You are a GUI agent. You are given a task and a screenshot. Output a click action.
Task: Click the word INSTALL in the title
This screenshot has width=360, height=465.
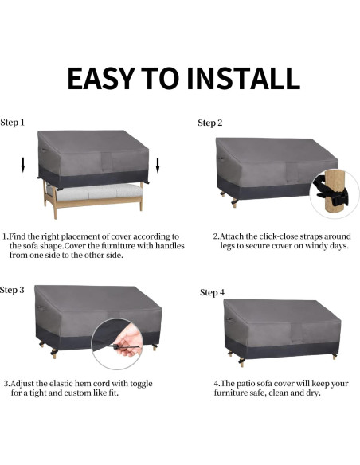coord(243,78)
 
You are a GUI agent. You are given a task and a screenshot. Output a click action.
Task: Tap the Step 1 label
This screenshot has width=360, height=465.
coord(13,123)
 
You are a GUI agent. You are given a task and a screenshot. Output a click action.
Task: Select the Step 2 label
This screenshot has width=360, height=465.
coord(210,123)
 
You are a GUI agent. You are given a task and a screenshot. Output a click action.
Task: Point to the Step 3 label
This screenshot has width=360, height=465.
coord(13,289)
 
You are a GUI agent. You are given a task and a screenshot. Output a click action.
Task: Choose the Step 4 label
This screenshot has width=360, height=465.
coord(212,293)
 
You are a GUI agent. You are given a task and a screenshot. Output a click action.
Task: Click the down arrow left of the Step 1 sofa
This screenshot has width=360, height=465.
coord(23,165)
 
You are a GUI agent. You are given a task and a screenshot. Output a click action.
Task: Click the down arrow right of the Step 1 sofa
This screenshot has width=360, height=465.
coord(158,165)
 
